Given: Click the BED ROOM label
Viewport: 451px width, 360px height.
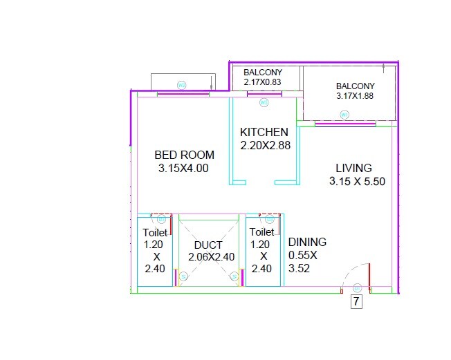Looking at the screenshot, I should point(184,155).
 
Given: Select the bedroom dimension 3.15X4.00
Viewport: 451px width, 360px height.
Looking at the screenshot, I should point(183,168).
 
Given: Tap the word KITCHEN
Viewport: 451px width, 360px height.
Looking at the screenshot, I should point(264,132).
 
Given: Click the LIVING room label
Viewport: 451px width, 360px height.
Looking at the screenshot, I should point(353,168).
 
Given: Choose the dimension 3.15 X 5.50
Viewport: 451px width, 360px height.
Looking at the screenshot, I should point(356,182).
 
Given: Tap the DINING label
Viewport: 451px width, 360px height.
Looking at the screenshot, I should point(307,242).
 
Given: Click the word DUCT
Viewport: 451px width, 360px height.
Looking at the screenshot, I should point(208,245).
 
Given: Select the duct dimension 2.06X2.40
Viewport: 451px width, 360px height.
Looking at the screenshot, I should point(211,256).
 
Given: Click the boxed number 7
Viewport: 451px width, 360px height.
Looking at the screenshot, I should point(356,301).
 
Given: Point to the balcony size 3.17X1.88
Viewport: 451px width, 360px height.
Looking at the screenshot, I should point(354,96).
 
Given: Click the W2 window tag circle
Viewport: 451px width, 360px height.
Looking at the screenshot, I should point(182,85).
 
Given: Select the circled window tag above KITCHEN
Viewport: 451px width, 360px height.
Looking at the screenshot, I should point(264,103).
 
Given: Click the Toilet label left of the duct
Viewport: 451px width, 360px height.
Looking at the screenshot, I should point(155,233).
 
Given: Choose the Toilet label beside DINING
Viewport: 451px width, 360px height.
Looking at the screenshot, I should point(261,232).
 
